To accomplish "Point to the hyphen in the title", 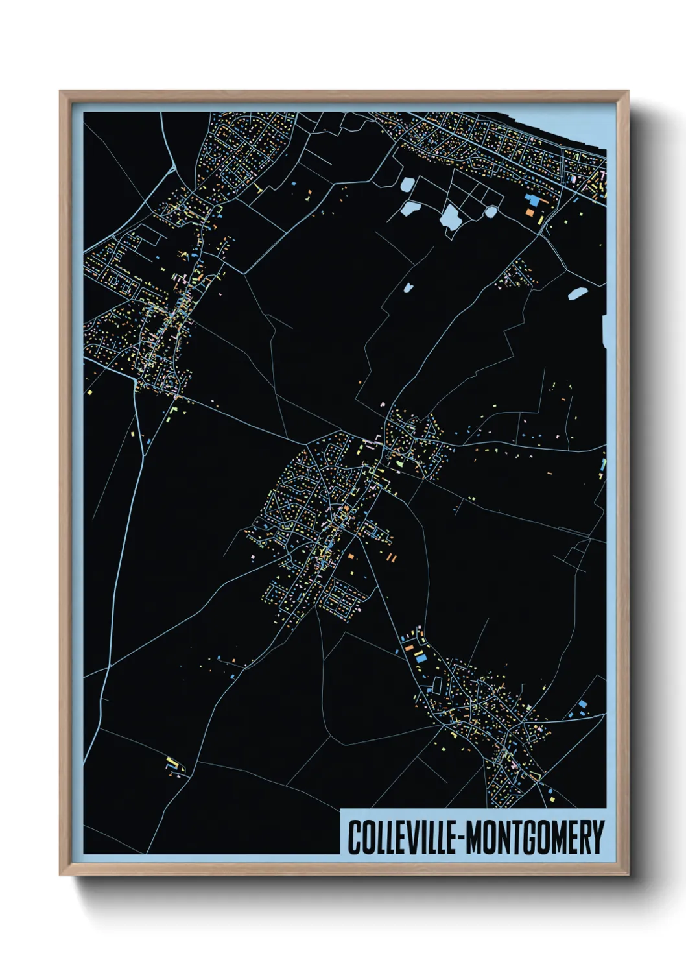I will [460, 838].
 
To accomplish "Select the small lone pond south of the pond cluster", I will [408, 287].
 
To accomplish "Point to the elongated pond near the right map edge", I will [576, 293].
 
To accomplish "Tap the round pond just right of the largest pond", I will [491, 211].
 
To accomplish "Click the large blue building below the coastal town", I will [532, 200].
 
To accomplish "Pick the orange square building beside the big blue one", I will [530, 211].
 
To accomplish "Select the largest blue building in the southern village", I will [421, 657].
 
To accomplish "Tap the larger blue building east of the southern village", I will [582, 704].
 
